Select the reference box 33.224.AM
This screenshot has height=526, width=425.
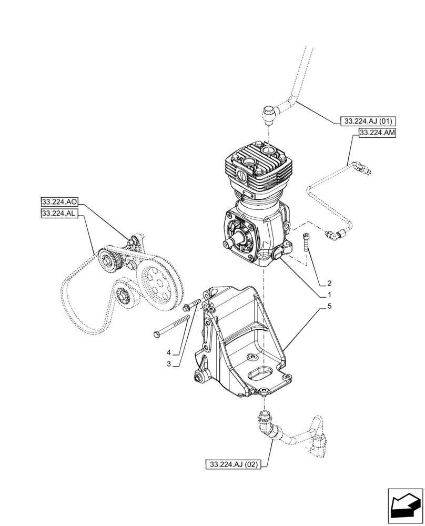[377, 134]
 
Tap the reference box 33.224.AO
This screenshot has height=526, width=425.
[59, 201]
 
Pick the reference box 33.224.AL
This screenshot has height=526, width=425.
[59, 213]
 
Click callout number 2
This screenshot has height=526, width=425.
[329, 282]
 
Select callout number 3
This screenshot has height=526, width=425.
[168, 363]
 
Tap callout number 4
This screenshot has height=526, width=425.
[168, 352]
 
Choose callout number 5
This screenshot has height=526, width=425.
[329, 306]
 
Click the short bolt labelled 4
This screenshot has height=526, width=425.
[193, 305]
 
